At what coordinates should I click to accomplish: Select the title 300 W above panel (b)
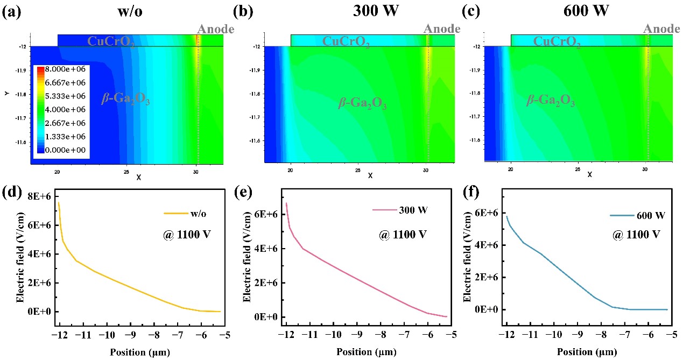369,11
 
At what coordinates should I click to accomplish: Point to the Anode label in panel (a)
216,29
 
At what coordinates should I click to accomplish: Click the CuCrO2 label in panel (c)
558,41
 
